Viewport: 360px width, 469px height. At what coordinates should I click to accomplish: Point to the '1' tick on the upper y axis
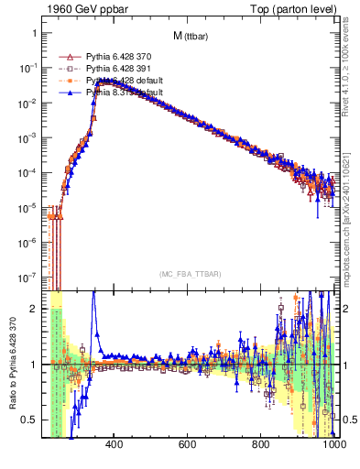[33, 33]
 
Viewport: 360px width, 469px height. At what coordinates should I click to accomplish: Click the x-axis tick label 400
[115, 445]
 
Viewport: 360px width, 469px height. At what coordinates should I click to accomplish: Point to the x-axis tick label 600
[188, 445]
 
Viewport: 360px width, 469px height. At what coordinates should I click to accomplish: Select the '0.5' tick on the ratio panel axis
[29, 420]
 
